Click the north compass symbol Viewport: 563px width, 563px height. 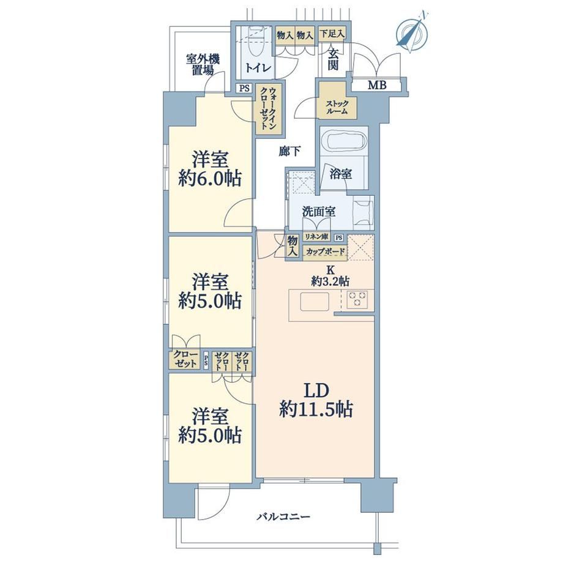click(413, 32)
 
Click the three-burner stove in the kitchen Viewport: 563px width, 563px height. click(357, 299)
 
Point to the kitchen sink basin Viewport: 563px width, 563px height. click(315, 302)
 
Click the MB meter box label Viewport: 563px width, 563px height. click(377, 85)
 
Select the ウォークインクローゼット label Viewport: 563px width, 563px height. click(269, 108)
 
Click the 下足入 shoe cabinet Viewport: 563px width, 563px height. click(332, 34)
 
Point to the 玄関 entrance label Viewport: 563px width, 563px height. click(333, 59)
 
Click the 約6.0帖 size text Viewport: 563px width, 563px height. click(211, 178)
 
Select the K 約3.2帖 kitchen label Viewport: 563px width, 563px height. click(330, 276)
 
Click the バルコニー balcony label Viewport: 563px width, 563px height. click(284, 517)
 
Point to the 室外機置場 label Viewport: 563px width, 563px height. click(203, 65)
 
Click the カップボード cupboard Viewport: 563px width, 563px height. click(326, 252)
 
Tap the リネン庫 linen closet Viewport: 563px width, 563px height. click(317, 237)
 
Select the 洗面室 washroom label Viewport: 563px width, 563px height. click(319, 212)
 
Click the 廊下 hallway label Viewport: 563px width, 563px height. click(289, 152)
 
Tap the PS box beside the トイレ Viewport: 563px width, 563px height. click(245, 88)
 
